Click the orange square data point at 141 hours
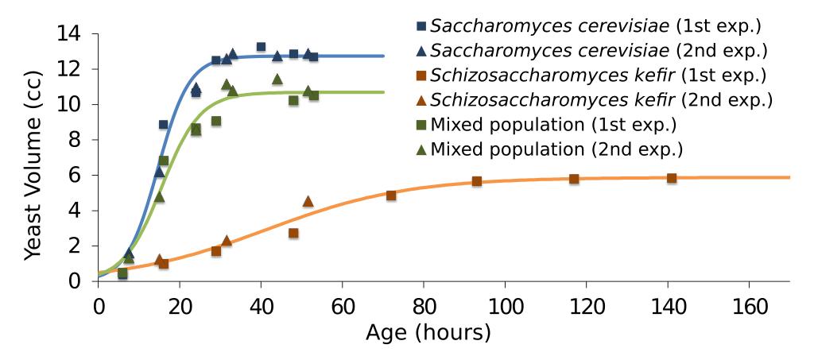point(672,178)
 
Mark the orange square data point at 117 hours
point(574,179)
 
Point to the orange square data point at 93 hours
point(477,181)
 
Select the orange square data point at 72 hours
point(391,195)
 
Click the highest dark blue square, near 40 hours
point(261,47)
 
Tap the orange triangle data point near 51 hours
point(308,201)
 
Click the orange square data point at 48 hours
point(293,233)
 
